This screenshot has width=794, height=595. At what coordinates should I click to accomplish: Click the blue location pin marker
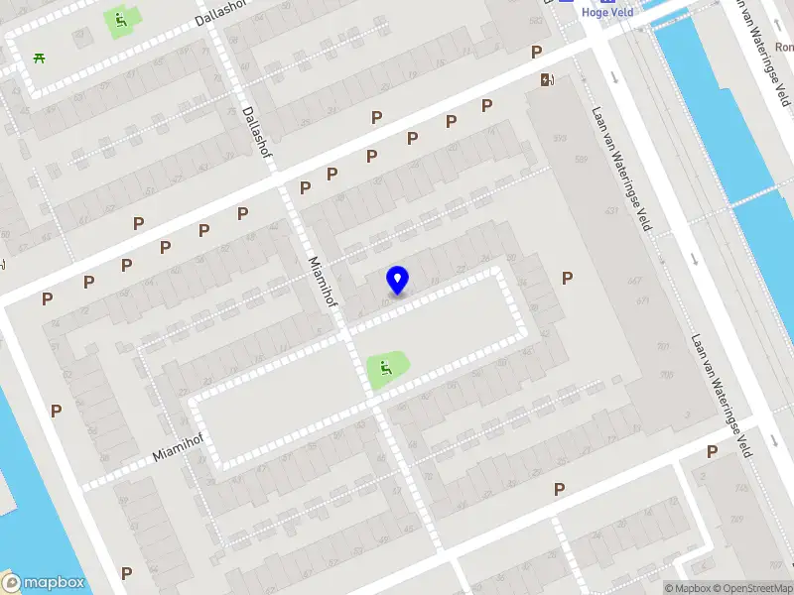tap(398, 280)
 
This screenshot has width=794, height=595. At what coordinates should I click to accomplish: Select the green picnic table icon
tap(40, 57)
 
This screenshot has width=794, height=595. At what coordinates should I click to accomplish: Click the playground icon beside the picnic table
tap(119, 19)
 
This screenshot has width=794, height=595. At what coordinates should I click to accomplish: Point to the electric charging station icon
tap(546, 80)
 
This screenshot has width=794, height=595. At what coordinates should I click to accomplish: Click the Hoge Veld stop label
tap(608, 12)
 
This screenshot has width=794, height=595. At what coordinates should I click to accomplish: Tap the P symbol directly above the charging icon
tap(537, 53)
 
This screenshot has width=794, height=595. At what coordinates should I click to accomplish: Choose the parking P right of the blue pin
tap(567, 279)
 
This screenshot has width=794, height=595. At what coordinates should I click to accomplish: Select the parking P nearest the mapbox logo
tap(126, 573)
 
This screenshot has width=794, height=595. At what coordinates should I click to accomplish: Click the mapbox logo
tap(44, 583)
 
